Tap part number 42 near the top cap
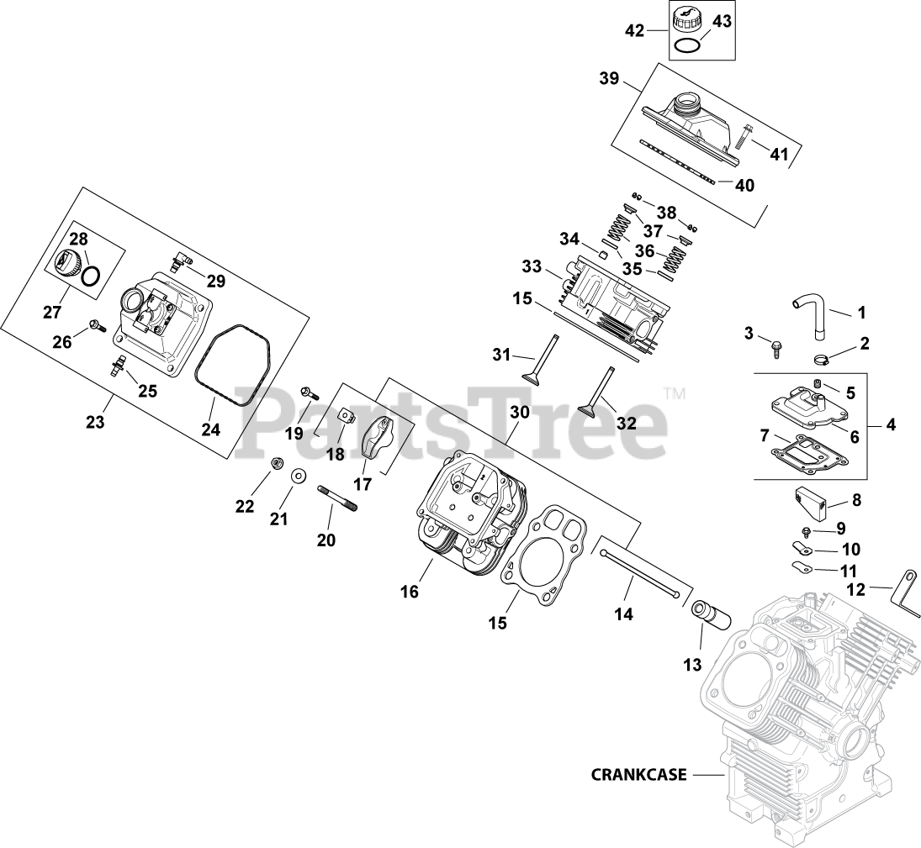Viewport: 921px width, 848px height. point(634,31)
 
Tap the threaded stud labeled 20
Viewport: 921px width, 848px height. point(337,498)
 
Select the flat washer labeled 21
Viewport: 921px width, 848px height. point(298,477)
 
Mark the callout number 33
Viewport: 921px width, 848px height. point(531,267)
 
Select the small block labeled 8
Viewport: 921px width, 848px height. point(812,502)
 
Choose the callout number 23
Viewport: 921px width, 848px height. point(95,422)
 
